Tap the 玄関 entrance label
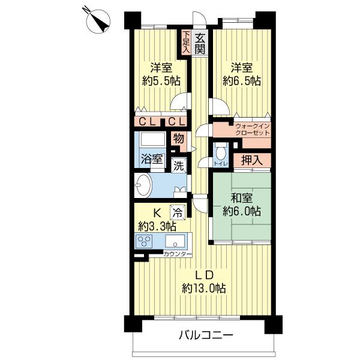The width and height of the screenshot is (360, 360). [200, 43]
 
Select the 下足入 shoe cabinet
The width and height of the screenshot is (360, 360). [187, 43]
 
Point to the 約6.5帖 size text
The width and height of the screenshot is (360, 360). [241, 80]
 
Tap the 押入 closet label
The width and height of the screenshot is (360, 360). [251, 160]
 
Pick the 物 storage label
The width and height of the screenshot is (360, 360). [178, 139]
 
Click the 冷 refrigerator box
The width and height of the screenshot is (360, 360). [178, 211]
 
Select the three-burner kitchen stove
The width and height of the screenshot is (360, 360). [145, 241]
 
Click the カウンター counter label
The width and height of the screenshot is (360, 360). [178, 254]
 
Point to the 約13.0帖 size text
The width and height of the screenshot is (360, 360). [204, 289]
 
